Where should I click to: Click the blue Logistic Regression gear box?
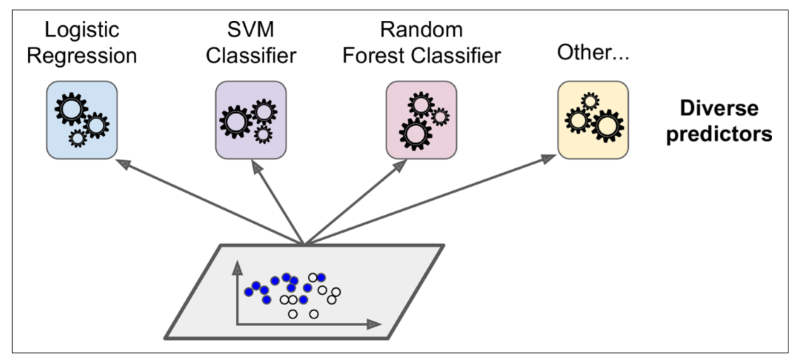[x=83, y=120]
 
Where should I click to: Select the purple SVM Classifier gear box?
[x=252, y=120]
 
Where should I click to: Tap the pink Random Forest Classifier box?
[x=421, y=120]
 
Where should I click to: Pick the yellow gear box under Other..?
[x=593, y=120]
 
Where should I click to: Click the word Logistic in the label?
[x=82, y=30]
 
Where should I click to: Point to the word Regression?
[x=82, y=55]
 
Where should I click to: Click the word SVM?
[x=252, y=30]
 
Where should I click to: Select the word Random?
[x=421, y=30]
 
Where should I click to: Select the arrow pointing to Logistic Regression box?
[x=208, y=200]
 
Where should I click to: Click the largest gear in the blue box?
[x=69, y=111]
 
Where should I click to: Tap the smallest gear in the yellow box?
[x=589, y=100]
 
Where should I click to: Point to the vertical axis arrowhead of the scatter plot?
[x=238, y=269]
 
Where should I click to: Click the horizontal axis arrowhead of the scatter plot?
[x=373, y=323]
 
